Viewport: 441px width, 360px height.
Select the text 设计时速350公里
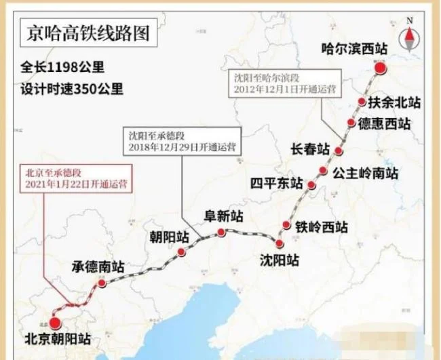[72, 88]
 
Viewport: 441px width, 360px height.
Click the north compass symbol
[410, 33]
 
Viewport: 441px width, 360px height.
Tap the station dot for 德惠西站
[351, 123]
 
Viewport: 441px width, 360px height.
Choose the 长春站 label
[309, 149]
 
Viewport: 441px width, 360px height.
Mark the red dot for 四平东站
[311, 185]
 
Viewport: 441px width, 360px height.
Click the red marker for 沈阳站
[280, 243]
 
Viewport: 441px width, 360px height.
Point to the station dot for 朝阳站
[181, 252]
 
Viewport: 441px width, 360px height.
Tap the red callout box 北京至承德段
[75, 179]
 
